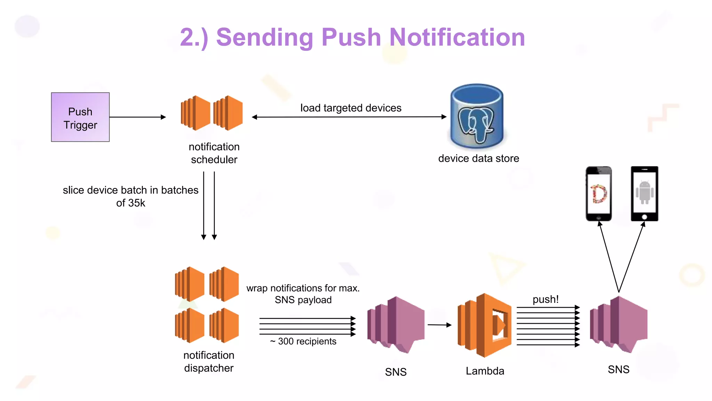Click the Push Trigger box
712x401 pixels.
coord(80,117)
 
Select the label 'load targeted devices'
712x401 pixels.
coord(350,108)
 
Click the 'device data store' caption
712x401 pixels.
coord(478,158)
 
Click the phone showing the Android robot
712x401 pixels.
coord(644,194)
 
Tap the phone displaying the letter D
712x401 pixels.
coord(599,194)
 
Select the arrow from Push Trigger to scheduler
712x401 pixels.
coord(138,117)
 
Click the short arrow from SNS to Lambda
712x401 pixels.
coord(439,325)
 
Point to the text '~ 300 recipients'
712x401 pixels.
coord(303,341)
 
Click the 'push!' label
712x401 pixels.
coord(545,299)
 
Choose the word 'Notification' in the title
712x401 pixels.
coord(457,37)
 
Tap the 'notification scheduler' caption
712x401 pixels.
coord(214,153)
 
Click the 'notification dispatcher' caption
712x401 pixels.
coord(209,361)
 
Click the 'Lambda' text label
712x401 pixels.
coord(485,371)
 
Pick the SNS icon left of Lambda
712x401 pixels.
coord(396,324)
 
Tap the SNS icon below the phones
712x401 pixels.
coord(619,324)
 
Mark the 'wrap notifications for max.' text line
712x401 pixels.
coord(303,288)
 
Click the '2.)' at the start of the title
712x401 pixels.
coord(194,38)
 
